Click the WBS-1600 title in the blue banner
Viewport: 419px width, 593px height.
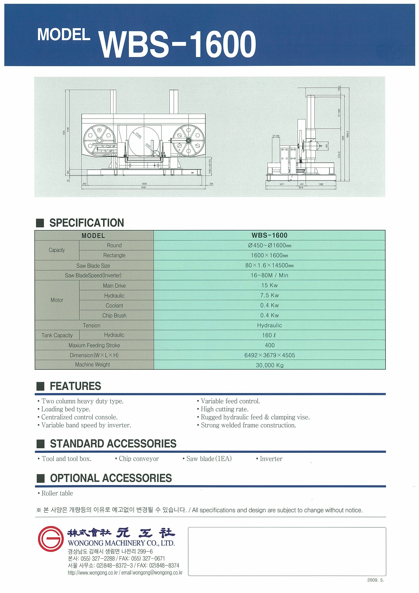pyautogui.click(x=178, y=44)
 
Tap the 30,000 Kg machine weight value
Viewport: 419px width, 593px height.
pyautogui.click(x=269, y=365)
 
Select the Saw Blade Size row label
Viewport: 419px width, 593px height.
pyautogui.click(x=93, y=266)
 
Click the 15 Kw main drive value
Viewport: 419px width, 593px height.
pyautogui.click(x=269, y=285)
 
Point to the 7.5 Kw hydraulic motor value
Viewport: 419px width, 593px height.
pyautogui.click(x=269, y=295)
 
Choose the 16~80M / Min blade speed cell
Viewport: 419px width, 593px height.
pyautogui.click(x=269, y=275)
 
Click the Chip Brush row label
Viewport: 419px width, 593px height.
pyautogui.click(x=114, y=315)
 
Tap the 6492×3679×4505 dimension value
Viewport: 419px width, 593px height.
pyautogui.click(x=269, y=355)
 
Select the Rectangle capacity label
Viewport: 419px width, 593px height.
pyautogui.click(x=114, y=255)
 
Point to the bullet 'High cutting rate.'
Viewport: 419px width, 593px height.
pyautogui.click(x=224, y=409)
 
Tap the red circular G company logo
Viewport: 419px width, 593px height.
pyautogui.click(x=51, y=539)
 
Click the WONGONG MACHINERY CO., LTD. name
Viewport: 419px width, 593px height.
pyautogui.click(x=121, y=543)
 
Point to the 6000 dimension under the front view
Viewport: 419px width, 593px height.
pyautogui.click(x=145, y=184)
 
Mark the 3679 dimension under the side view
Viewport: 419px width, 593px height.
pyautogui.click(x=300, y=188)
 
